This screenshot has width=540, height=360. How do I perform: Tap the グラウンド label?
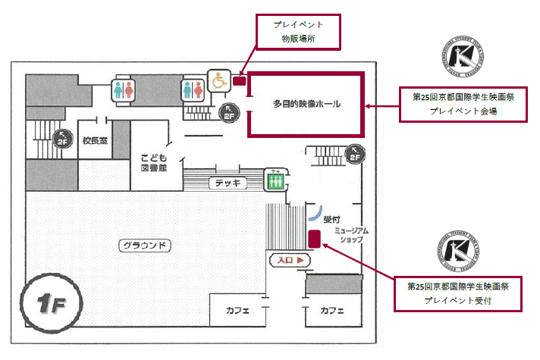coord(144,246)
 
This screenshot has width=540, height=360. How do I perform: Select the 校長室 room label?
coord(96,140)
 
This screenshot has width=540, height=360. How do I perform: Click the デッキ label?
coord(228,183)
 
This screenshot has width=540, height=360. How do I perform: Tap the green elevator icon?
coord(275,180)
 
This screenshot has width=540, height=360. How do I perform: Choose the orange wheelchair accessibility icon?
coord(218,80)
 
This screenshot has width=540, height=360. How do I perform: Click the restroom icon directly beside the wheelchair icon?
coord(193,89)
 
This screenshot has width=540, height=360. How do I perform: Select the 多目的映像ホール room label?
coord(306,104)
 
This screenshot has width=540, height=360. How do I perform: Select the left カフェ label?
coord(238,311)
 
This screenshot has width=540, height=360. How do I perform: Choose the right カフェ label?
coord(332,311)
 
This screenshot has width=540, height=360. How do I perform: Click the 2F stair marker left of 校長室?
coord(63,139)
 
